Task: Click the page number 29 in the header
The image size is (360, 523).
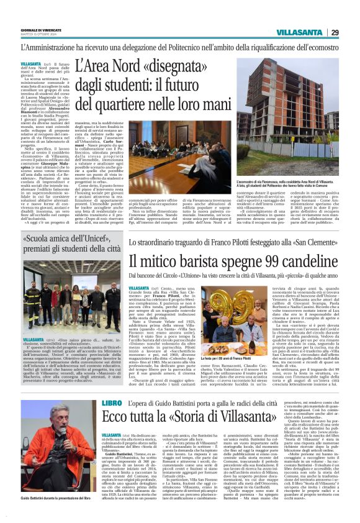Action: coord(335,32)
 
